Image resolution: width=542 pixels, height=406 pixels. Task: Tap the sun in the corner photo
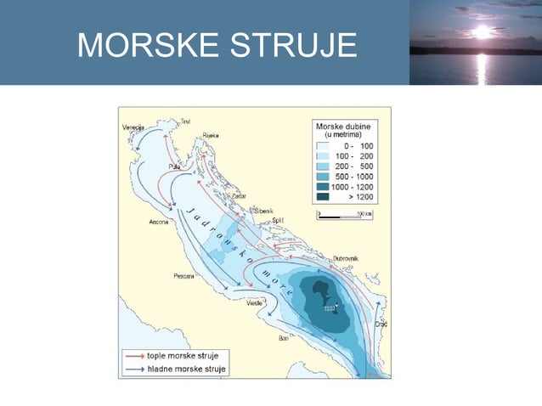point(482,32)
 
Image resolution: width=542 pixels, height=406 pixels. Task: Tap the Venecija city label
point(134,127)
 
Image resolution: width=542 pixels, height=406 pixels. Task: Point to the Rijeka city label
point(212,136)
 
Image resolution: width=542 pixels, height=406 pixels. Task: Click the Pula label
point(176,166)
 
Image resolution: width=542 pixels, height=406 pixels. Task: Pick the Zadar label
point(227,196)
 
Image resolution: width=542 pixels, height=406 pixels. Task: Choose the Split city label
point(277,219)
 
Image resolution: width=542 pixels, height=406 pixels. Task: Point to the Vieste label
point(254,302)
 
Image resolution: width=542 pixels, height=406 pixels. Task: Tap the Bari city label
point(284,338)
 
